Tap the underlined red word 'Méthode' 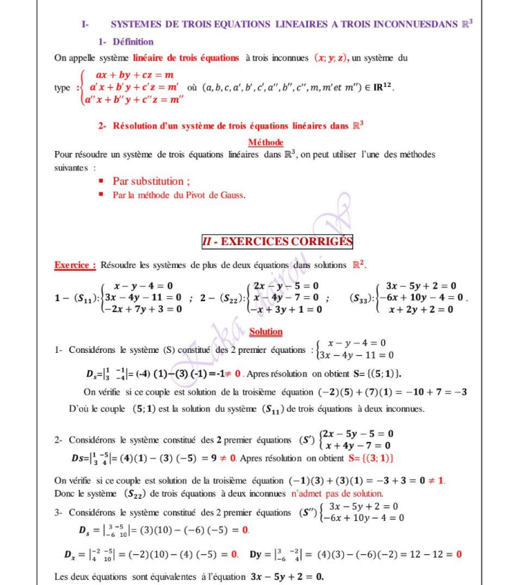tap(265, 142)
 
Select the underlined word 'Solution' tap(265, 332)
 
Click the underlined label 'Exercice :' tap(76, 265)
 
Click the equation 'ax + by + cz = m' tap(135, 75)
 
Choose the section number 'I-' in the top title tap(86, 24)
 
